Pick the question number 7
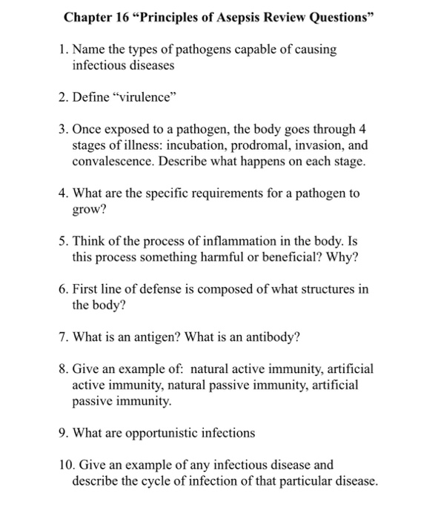click(63, 338)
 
